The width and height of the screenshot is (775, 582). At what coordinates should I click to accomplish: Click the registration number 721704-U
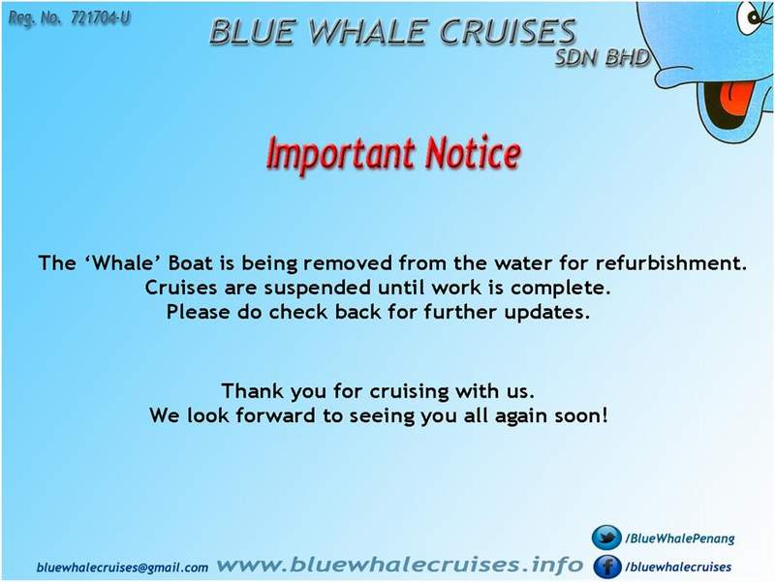(101, 18)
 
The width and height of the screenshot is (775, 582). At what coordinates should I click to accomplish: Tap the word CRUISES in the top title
(508, 32)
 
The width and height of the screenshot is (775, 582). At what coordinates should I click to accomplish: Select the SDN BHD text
(601, 58)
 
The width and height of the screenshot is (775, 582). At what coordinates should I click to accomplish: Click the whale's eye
(757, 17)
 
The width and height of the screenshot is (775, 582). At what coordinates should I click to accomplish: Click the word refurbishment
(670, 262)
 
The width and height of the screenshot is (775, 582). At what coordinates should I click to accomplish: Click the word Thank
(253, 391)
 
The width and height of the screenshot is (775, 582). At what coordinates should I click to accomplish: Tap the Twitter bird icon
(607, 537)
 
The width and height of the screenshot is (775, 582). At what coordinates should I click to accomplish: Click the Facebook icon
(607, 567)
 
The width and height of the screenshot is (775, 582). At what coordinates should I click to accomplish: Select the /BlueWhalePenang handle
(680, 538)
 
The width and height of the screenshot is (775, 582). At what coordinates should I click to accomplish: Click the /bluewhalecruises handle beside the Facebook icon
(678, 567)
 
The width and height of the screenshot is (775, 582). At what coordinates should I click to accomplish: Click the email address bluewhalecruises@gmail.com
(122, 567)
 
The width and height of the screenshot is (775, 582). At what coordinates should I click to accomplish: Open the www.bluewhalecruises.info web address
(399, 565)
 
